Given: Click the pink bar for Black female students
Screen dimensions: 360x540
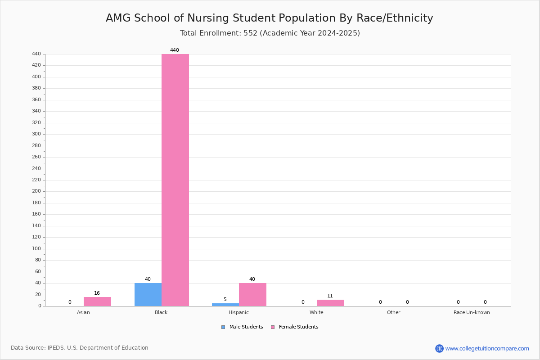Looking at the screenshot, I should click(x=175, y=180).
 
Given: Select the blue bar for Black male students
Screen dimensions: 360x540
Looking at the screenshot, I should click(x=148, y=295).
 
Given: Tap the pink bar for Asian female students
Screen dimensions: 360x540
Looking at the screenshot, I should click(x=97, y=301).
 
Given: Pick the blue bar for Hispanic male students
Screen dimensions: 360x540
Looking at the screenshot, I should click(x=225, y=305).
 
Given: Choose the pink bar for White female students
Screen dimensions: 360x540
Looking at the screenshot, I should click(x=330, y=303).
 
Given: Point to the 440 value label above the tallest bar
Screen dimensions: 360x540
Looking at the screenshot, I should click(x=175, y=50).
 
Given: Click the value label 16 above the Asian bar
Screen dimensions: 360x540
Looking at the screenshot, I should click(x=97, y=293).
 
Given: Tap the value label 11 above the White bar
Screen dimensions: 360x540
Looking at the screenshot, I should click(x=330, y=296).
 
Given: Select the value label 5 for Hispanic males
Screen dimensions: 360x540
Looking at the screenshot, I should click(x=225, y=300).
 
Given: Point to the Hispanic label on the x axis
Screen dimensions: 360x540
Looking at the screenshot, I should click(x=238, y=312).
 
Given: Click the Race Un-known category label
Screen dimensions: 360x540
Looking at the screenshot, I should click(x=472, y=312).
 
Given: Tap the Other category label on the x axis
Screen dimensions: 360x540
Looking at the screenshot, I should click(x=393, y=312).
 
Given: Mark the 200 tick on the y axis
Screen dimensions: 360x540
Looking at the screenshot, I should click(x=36, y=191).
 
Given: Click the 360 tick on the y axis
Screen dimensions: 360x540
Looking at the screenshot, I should click(x=36, y=100).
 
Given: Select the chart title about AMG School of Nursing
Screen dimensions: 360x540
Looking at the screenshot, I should click(x=270, y=18).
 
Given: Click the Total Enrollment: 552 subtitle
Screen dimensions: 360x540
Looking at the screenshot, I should click(x=270, y=33).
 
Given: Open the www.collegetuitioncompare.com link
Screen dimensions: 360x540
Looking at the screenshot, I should click(x=487, y=348).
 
